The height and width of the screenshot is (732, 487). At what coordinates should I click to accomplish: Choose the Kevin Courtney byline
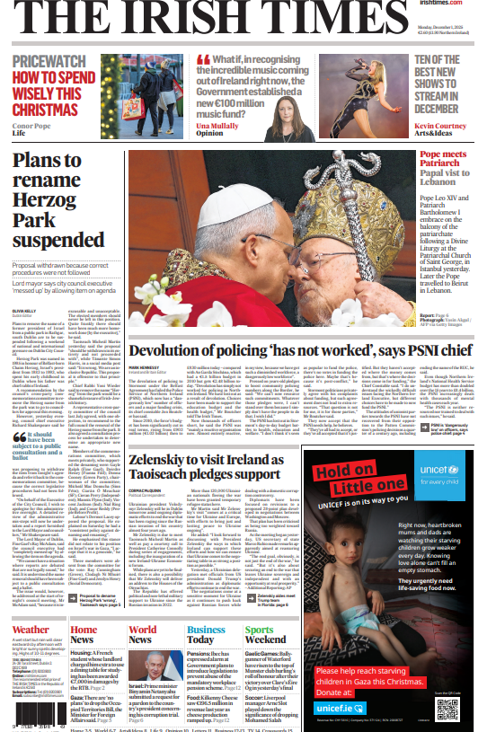447,127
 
